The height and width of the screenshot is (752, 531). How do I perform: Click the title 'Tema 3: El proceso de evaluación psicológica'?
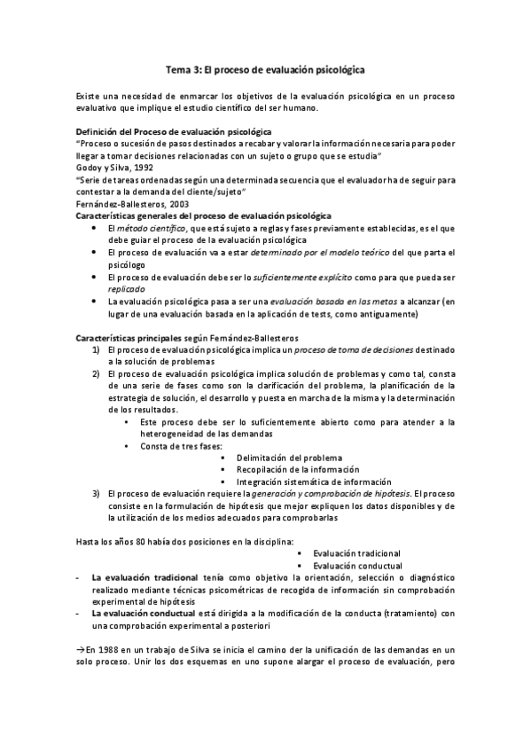pyautogui.click(x=265, y=67)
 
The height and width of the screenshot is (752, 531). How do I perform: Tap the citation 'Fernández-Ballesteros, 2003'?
pyautogui.click(x=126, y=203)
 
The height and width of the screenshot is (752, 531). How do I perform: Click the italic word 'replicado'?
pyautogui.click(x=126, y=289)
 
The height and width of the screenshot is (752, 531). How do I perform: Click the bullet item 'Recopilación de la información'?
pyautogui.click(x=297, y=469)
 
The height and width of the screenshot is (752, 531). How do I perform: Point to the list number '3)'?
pyautogui.click(x=97, y=493)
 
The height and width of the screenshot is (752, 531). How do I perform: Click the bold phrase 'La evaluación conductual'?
pyautogui.click(x=144, y=613)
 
